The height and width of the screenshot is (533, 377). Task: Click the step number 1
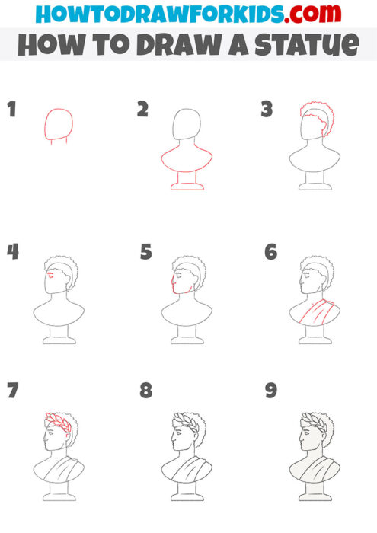[11, 110]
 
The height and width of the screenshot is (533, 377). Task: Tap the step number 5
[146, 251]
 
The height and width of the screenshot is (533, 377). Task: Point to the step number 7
[11, 391]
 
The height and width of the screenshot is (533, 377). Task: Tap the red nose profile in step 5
[173, 286]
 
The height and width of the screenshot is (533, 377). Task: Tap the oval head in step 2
[186, 126]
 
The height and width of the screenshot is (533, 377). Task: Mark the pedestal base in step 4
[59, 335]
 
